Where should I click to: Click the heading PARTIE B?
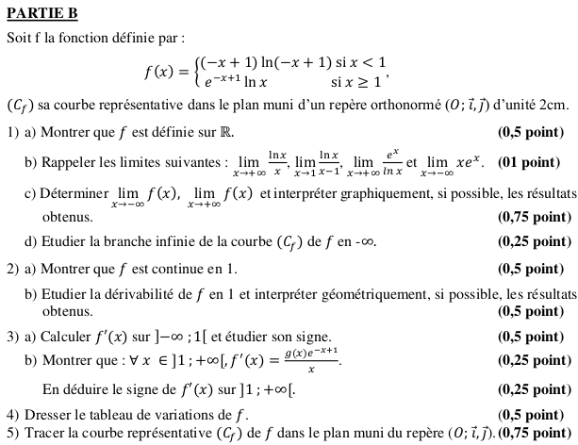pos(41,14)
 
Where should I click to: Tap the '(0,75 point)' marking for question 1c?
pos(535,217)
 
